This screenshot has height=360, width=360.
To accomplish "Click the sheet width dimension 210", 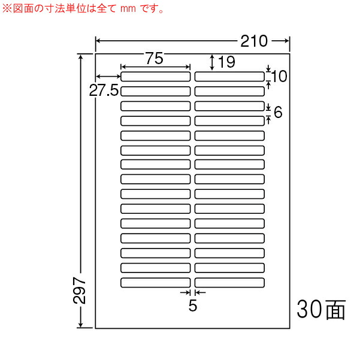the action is coord(254,41).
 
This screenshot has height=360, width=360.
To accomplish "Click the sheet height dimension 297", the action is coord(79,291).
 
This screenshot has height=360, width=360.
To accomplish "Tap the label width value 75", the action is coord(155,58).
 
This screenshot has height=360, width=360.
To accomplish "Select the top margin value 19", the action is coord(226,62).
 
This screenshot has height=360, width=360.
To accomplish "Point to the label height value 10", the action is coord(279,76).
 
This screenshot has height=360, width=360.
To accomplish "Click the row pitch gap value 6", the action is coord(278,112).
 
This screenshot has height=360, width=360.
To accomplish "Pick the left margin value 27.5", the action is coord(104,90).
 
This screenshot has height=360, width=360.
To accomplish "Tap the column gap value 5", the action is coord(193,305).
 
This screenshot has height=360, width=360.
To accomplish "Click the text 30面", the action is coord(321,309).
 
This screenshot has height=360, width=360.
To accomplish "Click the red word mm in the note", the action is coord(128,9).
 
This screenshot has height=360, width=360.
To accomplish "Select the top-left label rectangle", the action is coord(155,77).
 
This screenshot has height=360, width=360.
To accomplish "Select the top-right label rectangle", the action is coord(229,77).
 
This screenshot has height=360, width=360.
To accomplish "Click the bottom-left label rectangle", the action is coord(155,283).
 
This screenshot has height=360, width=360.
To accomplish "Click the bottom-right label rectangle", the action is coord(229,283).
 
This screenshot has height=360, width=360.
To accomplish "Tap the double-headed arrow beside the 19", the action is coord(213,62).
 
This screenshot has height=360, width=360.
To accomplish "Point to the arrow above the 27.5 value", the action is coord(108,76).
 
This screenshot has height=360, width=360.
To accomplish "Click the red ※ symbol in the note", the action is coord(7,9).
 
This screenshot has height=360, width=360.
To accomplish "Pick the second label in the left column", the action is coord(155,92).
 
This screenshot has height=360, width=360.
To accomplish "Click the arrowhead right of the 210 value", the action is coord(286,41).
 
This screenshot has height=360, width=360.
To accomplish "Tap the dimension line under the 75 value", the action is coord(155,67).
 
